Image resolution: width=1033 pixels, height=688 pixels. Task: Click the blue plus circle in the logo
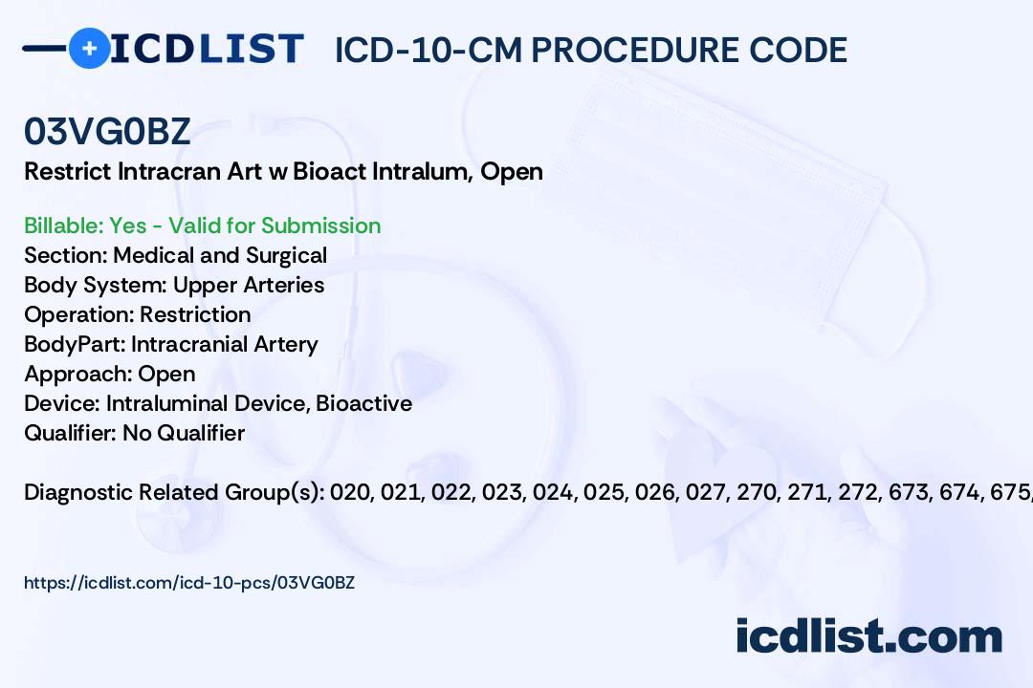tap(89, 49)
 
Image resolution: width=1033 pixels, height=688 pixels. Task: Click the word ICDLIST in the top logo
tap(207, 49)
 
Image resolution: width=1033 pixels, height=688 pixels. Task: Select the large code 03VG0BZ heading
tap(107, 131)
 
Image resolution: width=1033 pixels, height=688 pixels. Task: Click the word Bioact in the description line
tap(329, 171)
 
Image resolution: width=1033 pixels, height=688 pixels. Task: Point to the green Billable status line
tap(202, 226)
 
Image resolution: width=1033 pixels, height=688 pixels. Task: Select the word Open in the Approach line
tap(166, 374)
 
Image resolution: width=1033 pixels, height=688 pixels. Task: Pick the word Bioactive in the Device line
tap(364, 403)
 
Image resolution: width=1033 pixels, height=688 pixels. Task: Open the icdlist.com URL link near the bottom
tap(189, 583)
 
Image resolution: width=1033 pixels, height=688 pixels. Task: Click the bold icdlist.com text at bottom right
tap(868, 635)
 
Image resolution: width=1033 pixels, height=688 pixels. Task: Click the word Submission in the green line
tap(320, 226)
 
